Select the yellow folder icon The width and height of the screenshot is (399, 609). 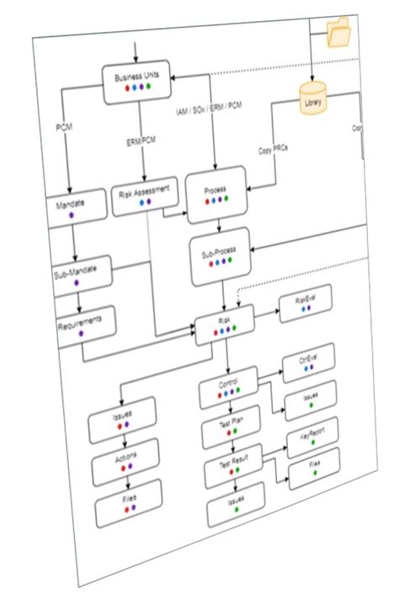pyautogui.click(x=341, y=34)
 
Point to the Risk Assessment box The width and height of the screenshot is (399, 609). pyautogui.click(x=146, y=194)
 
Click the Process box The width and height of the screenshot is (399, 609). pyautogui.click(x=216, y=194)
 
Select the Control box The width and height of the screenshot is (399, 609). pyautogui.click(x=229, y=385)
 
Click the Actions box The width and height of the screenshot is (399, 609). pyautogui.click(x=126, y=460)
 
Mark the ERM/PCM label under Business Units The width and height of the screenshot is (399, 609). pyautogui.click(x=138, y=140)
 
